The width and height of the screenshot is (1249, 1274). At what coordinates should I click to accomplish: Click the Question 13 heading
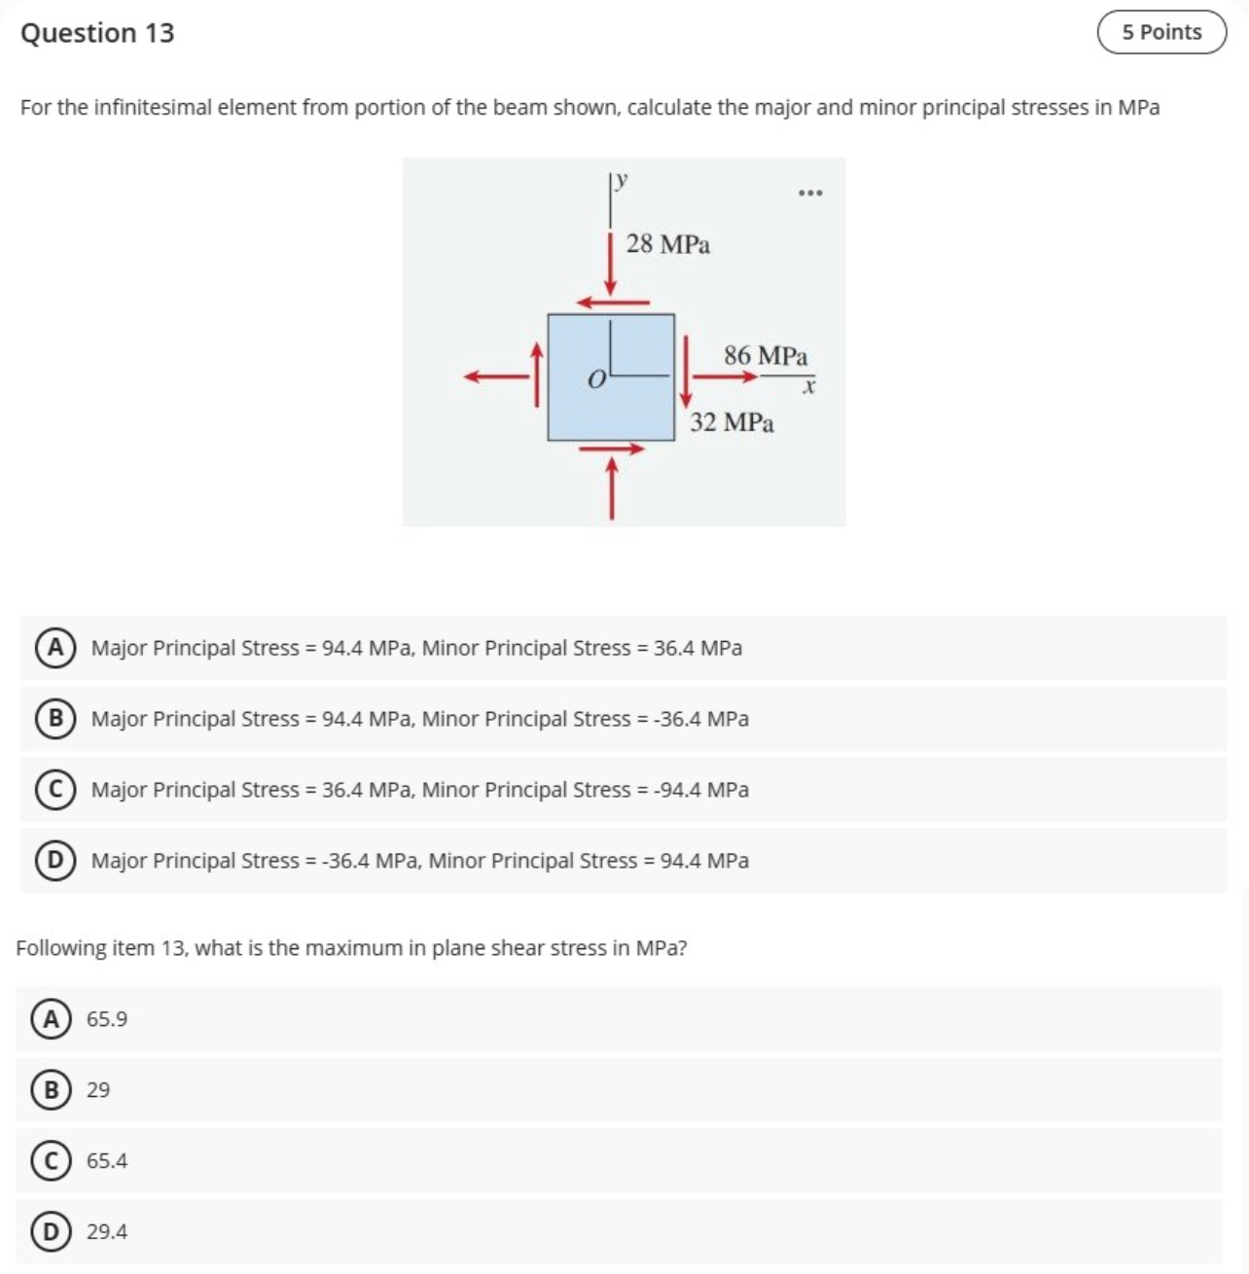coord(97,33)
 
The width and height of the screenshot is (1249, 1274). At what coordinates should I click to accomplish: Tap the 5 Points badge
coord(1161,32)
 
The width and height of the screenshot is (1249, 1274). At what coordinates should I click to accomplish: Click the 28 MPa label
coord(667,244)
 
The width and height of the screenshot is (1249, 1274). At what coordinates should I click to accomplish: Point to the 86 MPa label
coord(765,356)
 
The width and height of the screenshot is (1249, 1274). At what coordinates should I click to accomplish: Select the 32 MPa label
coord(732,423)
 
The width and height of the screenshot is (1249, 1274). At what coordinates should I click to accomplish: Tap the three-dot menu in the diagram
coord(809,194)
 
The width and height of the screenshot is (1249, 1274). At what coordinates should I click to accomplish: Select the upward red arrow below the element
coord(611,488)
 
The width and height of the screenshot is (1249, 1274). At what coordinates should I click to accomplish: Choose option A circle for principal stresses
coord(55,648)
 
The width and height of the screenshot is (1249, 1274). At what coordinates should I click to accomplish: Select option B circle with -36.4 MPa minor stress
coord(55,719)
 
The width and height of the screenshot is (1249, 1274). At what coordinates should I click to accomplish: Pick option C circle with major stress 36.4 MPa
coord(55,790)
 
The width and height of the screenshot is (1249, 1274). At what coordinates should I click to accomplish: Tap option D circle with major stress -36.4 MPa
coord(55,861)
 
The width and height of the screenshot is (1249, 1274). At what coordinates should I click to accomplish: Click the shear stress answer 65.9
coord(106,1019)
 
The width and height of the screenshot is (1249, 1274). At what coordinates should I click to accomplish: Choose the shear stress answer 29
coord(98,1090)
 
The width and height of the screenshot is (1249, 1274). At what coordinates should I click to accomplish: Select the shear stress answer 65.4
coord(106,1161)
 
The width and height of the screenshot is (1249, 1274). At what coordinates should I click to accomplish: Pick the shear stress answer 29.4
coord(106,1232)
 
